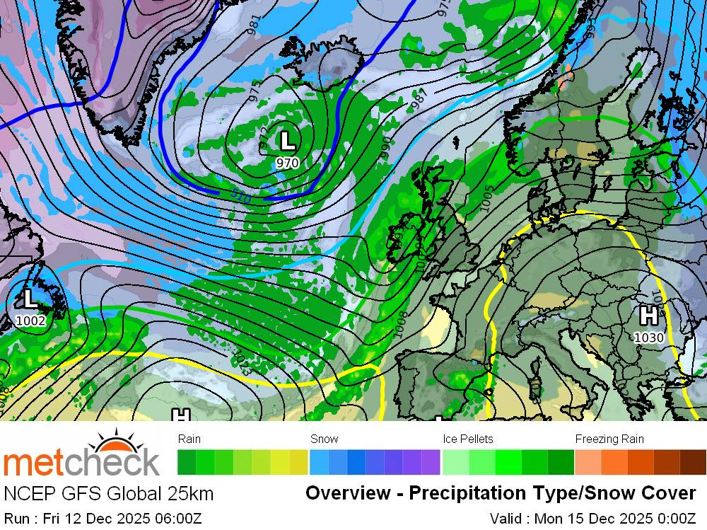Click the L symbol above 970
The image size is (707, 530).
click(x=287, y=139)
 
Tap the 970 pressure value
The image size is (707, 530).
click(x=287, y=163)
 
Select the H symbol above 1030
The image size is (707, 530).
click(x=648, y=315)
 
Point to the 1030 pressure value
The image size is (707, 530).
click(x=648, y=338)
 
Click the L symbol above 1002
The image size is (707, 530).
click(x=30, y=297)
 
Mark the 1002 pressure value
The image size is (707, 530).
click(x=30, y=321)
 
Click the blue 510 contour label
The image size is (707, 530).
click(x=240, y=197)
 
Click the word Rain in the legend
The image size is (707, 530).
click(x=189, y=439)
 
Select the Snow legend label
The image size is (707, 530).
click(x=325, y=439)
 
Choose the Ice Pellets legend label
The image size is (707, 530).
click(x=468, y=439)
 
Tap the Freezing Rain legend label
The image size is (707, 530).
click(x=609, y=439)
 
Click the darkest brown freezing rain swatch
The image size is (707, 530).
click(x=693, y=462)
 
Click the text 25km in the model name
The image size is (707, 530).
click(x=190, y=493)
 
